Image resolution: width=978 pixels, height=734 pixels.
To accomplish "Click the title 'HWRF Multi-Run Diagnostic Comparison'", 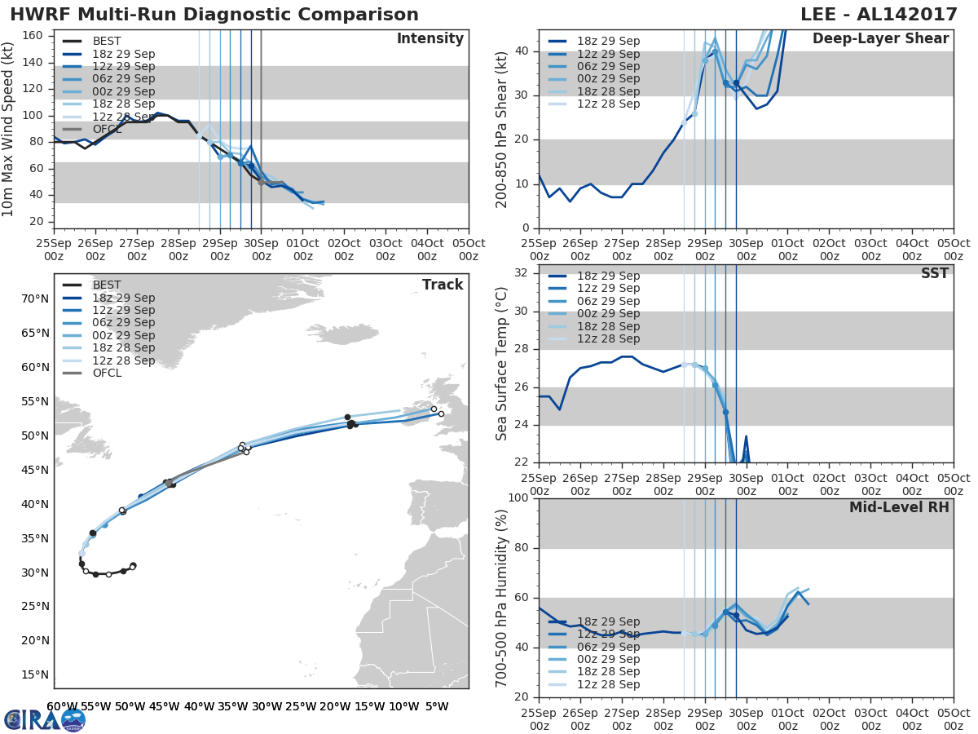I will click(214, 15).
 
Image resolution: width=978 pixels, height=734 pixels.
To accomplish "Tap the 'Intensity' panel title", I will click(430, 39).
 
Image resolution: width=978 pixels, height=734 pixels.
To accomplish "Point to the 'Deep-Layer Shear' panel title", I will click(880, 39).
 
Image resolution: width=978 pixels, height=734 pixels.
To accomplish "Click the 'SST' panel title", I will click(934, 273).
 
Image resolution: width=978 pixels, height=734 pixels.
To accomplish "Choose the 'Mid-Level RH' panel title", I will click(899, 507).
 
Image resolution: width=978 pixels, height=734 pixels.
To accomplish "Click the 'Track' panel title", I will click(442, 285).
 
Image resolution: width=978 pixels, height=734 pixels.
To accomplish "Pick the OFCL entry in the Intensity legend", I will click(107, 129).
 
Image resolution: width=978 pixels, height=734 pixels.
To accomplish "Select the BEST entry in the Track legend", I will click(107, 285).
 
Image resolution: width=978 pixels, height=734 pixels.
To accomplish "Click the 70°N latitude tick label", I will click(35, 298).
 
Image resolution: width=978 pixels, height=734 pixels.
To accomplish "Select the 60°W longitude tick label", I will click(61, 706).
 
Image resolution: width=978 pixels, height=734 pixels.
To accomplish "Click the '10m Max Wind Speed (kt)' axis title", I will click(8, 129).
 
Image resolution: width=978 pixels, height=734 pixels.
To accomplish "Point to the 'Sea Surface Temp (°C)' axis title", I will click(501, 363).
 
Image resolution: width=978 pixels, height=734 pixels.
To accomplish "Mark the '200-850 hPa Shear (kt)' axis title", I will click(501, 129).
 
